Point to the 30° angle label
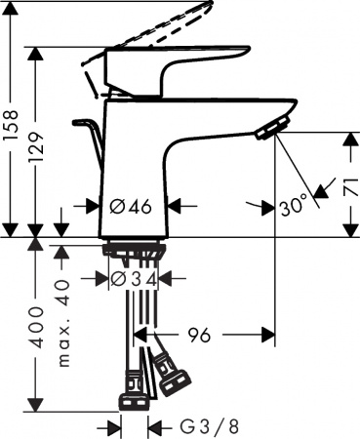291,206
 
